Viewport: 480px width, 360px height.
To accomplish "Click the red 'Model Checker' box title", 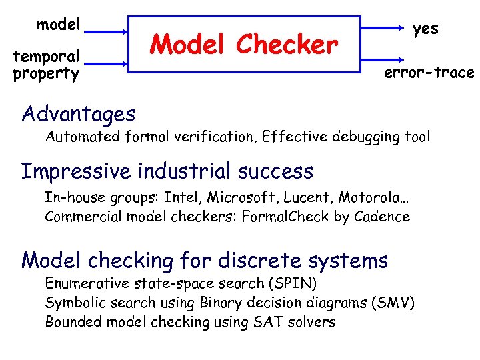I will point(244,45).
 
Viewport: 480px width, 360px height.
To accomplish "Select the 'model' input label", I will point(59,25).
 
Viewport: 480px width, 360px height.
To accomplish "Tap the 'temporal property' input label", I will point(46,65).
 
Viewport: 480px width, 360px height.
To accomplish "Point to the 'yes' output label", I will point(425,29).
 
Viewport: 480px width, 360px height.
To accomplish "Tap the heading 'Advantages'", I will point(78,114).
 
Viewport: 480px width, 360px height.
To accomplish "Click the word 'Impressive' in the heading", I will point(75,171).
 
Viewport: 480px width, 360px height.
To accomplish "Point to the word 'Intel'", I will point(180,197).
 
